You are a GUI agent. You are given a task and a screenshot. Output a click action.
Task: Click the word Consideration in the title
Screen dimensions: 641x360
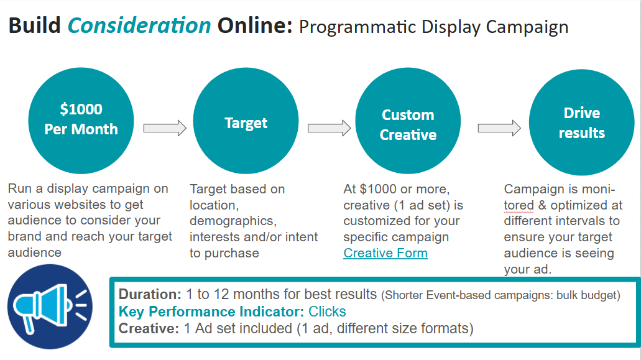[x=139, y=25]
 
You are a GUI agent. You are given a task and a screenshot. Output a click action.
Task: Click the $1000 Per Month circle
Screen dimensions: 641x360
[x=81, y=121]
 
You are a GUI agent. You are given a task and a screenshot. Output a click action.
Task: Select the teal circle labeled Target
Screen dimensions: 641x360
[x=246, y=121]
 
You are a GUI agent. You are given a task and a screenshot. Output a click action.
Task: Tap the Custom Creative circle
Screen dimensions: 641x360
[x=408, y=121]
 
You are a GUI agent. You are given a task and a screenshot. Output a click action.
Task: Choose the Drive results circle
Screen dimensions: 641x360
[x=581, y=122]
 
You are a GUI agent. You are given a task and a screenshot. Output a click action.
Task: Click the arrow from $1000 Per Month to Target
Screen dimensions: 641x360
[x=165, y=128]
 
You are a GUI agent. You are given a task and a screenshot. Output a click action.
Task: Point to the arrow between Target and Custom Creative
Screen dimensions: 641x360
[x=329, y=128]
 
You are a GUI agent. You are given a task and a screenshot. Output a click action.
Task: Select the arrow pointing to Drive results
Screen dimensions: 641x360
[x=499, y=128]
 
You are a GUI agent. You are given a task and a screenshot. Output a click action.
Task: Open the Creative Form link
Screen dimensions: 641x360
[x=385, y=253]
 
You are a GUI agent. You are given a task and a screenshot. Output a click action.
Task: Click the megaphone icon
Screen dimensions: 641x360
[x=50, y=307]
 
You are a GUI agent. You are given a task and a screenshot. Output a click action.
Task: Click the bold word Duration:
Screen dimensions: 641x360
[x=150, y=294]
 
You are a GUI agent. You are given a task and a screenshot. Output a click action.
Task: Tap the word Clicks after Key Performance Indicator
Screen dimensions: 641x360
[x=327, y=312]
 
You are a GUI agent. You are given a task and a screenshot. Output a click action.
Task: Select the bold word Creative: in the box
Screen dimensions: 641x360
[x=149, y=328]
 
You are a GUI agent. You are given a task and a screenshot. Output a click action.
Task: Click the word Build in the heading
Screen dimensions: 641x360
[x=35, y=25]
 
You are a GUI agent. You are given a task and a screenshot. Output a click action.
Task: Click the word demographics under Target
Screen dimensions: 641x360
[x=233, y=221]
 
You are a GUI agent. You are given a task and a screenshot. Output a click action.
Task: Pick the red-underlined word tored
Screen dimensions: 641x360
[x=519, y=205]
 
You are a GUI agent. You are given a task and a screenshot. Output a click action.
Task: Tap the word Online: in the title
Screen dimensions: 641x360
[x=255, y=25]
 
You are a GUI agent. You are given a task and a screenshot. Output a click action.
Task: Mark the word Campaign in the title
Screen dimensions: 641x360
[x=527, y=27]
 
